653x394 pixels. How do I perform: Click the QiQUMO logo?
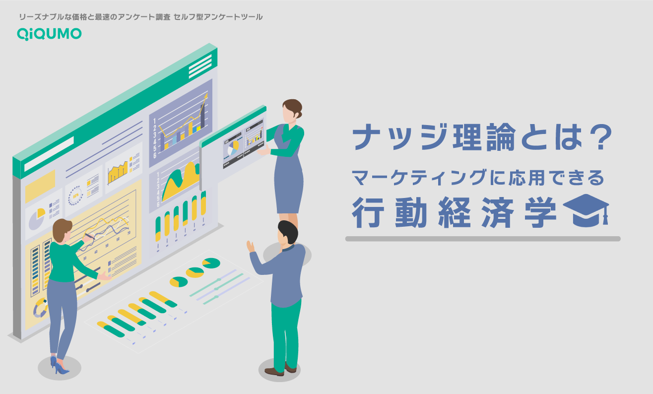point(49,33)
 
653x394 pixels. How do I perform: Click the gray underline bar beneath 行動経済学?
point(482,239)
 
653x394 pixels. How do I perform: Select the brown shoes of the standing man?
point(280,370)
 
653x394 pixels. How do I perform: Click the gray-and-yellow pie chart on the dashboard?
point(36,218)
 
